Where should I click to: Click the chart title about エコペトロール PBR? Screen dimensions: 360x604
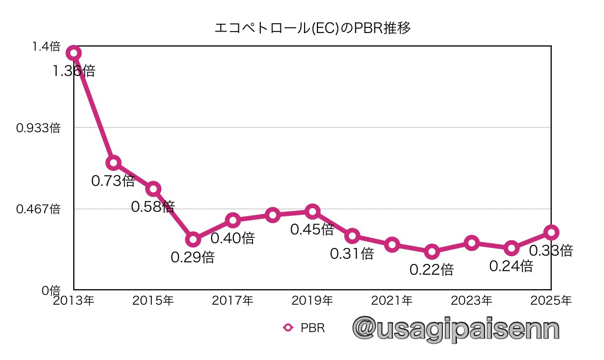pos(313,28)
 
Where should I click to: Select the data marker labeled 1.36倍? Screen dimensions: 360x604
pos(74,53)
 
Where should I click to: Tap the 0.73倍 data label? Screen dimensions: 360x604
pos(113,181)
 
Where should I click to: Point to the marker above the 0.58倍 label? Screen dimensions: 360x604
pos(153,189)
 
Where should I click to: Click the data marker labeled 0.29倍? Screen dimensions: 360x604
pos(193,239)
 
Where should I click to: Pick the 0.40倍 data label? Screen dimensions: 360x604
pos(232,238)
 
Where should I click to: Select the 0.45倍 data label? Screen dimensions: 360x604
pos(312,229)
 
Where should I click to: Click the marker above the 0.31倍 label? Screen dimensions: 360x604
pos(352,236)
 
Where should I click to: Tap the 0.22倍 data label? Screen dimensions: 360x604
pos(432,269)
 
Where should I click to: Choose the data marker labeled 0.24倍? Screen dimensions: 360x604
pos(511,248)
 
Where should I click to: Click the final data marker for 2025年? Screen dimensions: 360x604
pos(551,232)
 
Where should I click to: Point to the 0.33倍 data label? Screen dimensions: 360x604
pos(551,251)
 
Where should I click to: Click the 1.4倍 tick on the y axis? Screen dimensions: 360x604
pos(46,47)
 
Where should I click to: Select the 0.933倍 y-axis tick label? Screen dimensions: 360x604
pos(38,128)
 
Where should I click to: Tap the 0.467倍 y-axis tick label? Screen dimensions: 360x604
pos(38,209)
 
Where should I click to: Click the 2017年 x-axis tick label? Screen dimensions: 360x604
pos(232,300)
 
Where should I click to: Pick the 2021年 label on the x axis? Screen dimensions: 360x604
pos(392,300)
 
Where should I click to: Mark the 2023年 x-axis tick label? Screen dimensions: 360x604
pos(471,300)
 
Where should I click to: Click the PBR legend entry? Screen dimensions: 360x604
pos(305,327)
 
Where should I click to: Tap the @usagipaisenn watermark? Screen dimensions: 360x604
pos(456,329)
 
